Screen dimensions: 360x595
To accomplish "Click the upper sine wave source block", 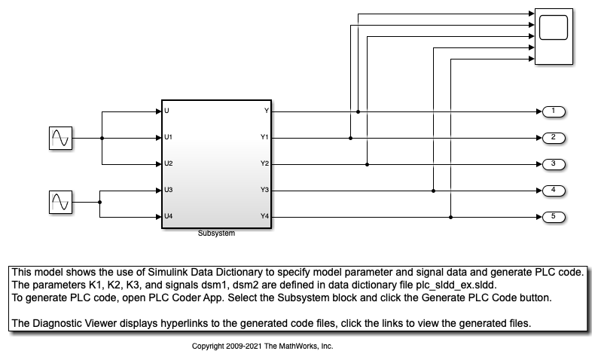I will click(x=59, y=138).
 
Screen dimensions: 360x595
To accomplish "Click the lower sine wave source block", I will click(x=59, y=202).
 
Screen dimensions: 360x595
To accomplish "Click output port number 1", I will click(x=554, y=111).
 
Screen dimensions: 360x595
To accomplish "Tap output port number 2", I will click(x=554, y=138).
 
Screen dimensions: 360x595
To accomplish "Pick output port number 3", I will click(x=554, y=163).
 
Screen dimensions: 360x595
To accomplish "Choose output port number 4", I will click(x=554, y=190).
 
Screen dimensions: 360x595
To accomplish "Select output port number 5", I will click(x=554, y=217).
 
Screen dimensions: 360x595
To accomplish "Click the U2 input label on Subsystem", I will click(x=169, y=163).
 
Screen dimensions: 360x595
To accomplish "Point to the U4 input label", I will click(x=169, y=217).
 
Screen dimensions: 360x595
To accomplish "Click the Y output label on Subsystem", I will click(x=266, y=111).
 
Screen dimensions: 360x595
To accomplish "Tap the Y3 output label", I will click(x=264, y=190).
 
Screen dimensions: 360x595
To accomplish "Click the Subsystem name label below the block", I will click(x=216, y=233).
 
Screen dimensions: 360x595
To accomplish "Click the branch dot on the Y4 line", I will click(x=450, y=217).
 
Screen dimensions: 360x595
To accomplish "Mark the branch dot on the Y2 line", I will click(x=367, y=163).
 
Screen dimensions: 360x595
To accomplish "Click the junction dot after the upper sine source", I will click(x=102, y=138).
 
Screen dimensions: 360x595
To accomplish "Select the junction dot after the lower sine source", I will click(x=100, y=202).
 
